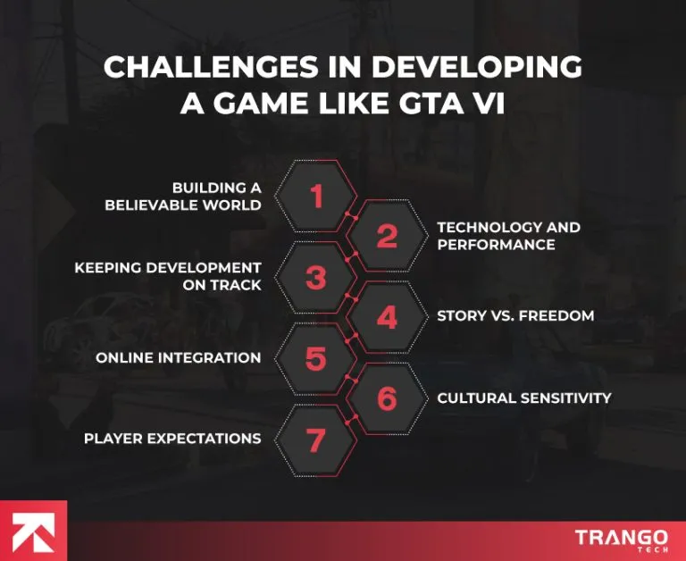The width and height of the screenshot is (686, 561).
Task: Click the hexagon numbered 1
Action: coord(316,196)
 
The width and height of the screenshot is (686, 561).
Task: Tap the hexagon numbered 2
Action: coord(386,237)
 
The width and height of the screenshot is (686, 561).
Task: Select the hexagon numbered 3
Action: coord(316,277)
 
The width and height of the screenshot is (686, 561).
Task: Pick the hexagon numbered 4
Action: coord(386,317)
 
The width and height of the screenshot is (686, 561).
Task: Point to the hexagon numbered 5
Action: coord(316,358)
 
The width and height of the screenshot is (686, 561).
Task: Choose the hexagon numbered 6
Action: coord(386,398)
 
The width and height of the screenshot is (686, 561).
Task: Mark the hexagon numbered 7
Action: coord(316,439)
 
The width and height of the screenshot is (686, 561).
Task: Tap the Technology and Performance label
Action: coord(508,236)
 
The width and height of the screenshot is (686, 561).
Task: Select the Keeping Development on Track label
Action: coord(168,276)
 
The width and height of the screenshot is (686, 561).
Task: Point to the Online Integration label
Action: coord(179,358)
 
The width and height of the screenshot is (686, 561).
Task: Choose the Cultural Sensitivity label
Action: coord(524,398)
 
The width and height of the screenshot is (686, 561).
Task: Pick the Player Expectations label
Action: coord(172,439)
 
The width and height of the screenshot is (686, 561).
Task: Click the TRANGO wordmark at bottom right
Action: coord(621,537)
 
